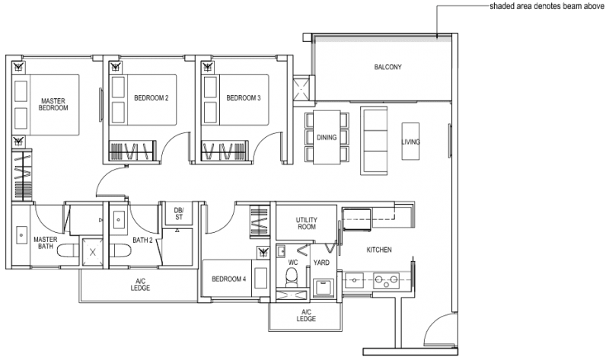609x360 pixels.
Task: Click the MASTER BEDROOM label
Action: click(54, 104)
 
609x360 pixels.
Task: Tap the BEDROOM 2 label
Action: click(151, 98)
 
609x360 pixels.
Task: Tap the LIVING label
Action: click(411, 142)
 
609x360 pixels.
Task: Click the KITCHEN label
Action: click(378, 250)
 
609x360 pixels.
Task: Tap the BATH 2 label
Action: click(143, 241)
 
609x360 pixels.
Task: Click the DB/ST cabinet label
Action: click(178, 213)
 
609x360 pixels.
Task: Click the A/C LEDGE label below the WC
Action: click(306, 316)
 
